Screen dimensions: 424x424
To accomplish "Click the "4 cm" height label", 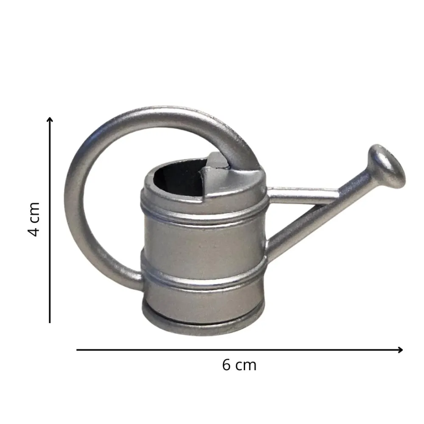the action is pos(35,219).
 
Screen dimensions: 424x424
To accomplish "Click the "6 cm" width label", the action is pos(239,365).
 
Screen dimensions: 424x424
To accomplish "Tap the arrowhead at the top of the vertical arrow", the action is pos(50,120).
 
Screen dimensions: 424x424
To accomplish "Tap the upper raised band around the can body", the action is pos(204,214).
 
